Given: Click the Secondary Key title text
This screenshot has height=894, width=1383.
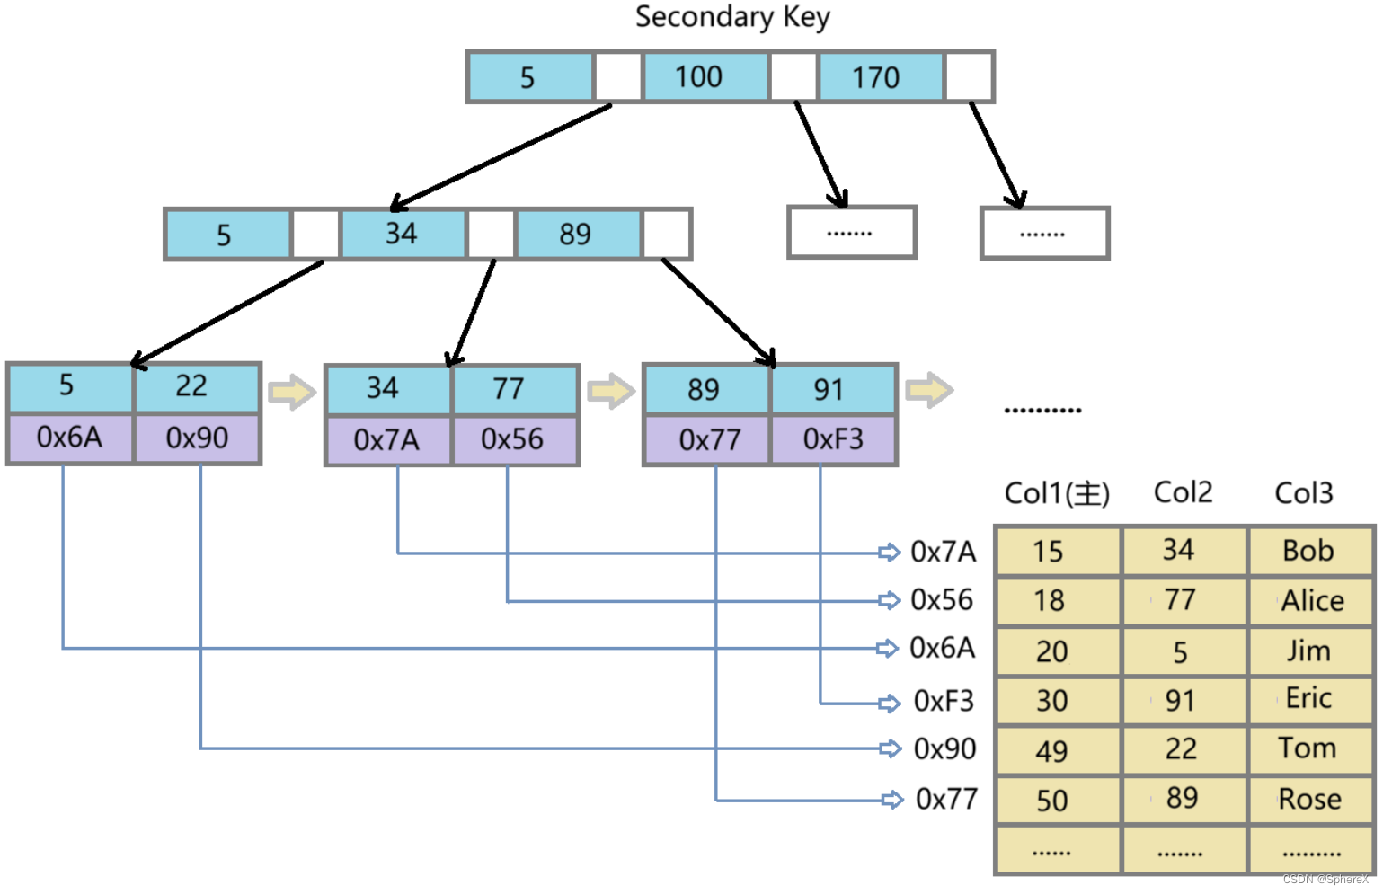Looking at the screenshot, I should (x=732, y=17).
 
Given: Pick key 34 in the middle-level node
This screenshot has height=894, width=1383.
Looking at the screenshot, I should (x=403, y=234).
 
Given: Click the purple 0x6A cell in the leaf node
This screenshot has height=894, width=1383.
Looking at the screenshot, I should (x=70, y=438).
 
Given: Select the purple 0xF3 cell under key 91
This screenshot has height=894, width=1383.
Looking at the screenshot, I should (x=833, y=439).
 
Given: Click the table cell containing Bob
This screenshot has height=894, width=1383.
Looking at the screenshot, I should (x=1309, y=551).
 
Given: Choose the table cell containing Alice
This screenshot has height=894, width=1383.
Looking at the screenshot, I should (x=1311, y=600).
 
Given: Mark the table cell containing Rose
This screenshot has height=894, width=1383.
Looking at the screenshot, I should (x=1309, y=799).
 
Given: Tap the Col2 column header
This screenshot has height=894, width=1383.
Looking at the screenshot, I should (x=1183, y=492).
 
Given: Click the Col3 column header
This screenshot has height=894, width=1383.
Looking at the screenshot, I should (x=1303, y=492).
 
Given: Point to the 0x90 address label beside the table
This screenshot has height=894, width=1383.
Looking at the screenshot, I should (x=944, y=748).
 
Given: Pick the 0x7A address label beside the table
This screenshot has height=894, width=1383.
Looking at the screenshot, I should (x=943, y=551).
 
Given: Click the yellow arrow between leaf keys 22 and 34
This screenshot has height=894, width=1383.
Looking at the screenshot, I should (x=292, y=392).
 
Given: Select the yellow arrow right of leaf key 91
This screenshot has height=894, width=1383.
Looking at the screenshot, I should (x=928, y=391).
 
